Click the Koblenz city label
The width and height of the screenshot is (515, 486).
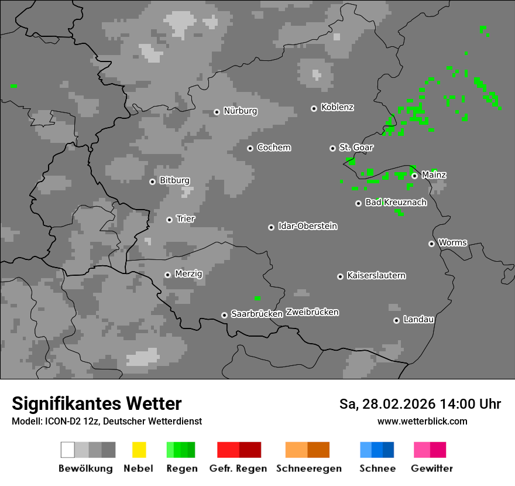pos(337,108)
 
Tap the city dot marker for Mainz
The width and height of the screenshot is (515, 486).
pos(414,176)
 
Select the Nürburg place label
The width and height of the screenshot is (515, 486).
pos(240,111)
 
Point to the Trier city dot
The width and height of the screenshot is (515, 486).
pos(169,220)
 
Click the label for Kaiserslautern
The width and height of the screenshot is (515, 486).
pos(376,276)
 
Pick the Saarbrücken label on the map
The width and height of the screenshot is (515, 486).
pos(257,314)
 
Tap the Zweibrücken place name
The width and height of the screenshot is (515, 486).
pos(312,312)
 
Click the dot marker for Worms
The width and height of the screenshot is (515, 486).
pos(431,244)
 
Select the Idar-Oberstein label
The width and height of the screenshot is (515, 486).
pos(307,227)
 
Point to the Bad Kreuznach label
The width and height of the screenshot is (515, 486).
pos(396,203)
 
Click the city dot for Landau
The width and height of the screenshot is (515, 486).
pos(396,320)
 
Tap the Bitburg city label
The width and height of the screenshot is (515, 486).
pos(174,181)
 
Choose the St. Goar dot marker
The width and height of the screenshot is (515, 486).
pos(332,148)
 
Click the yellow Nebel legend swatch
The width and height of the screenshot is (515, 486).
pos(139,450)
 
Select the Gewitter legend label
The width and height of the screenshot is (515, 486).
pos(432,468)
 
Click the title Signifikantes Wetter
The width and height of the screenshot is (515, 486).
pos(97,404)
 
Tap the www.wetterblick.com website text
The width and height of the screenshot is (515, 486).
pos(423,421)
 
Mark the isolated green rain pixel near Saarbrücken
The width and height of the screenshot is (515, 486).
pos(257,299)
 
